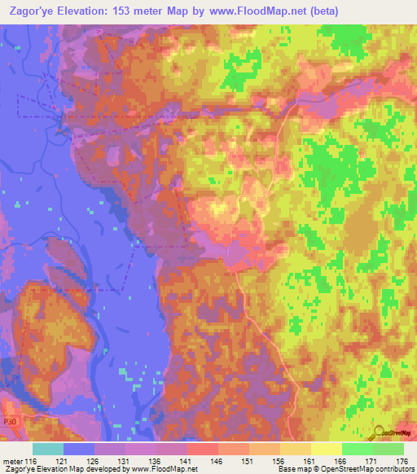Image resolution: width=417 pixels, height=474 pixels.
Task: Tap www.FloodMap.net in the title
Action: tap(248, 11)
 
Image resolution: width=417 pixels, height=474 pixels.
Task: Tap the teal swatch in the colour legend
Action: tap(48, 449)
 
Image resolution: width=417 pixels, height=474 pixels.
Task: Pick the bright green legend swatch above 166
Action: tap(357, 449)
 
